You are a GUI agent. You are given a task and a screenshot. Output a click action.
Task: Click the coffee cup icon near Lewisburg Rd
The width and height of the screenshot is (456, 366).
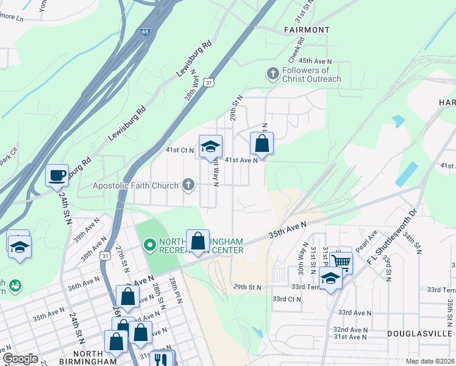pos(57,174)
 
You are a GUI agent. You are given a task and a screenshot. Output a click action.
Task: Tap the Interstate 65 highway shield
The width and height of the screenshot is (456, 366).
pos(146,30)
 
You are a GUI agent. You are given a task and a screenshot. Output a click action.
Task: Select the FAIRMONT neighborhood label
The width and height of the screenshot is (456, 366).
pos(307,29)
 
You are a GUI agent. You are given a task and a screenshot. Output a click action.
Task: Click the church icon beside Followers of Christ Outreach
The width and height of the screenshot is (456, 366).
pos(273,74)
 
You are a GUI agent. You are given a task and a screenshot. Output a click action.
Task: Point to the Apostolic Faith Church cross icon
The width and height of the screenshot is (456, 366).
pos(188,185)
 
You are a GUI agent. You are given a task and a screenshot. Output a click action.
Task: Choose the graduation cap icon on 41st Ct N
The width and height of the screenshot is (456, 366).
pos(210,147)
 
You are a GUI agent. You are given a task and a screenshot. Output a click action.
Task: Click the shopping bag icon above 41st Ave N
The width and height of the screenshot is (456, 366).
pos(262,144)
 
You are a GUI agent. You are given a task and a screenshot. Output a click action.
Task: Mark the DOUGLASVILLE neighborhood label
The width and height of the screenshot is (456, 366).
pos(419,334)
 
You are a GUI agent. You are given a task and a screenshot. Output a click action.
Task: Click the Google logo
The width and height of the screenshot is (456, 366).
pos(20,359)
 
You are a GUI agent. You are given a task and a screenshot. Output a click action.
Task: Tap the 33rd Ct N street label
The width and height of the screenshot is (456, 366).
pos(287,299)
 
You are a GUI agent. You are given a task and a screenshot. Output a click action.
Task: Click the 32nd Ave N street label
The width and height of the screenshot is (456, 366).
pos(350,328)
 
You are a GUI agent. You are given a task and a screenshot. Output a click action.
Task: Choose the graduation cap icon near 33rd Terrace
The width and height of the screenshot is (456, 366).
pos(330,279)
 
